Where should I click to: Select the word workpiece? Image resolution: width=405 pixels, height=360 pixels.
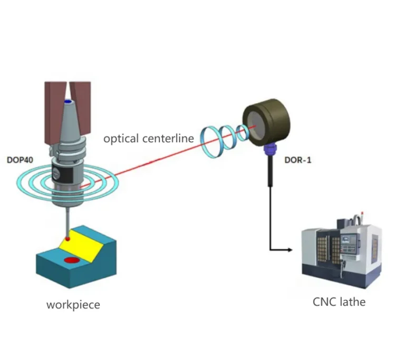coord(73,305)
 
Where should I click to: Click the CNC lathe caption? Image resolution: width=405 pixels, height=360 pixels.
coord(339,301)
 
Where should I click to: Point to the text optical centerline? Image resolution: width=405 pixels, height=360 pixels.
coord(149,139)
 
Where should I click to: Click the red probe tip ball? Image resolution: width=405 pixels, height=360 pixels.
coord(67,239)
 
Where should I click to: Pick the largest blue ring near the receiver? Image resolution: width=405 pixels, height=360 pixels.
coord(210,141)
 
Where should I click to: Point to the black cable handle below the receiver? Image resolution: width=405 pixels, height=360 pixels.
coord(271,171)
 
